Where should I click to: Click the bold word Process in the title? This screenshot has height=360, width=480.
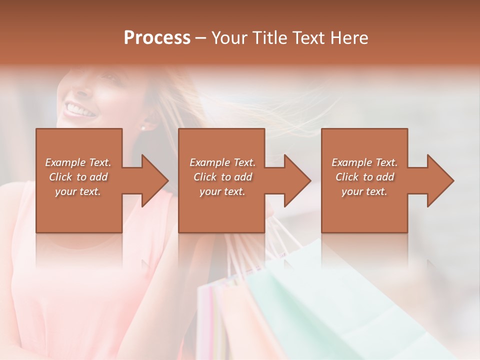pyautogui.click(x=157, y=38)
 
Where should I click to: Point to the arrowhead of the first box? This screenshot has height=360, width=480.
pyautogui.click(x=154, y=180)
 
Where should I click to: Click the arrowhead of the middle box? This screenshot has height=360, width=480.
pyautogui.click(x=296, y=180)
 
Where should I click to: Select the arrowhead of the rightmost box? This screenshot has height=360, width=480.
pyautogui.click(x=439, y=180)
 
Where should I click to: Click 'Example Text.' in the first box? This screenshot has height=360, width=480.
pyautogui.click(x=78, y=162)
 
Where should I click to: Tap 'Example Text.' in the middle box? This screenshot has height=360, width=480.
pyautogui.click(x=222, y=162)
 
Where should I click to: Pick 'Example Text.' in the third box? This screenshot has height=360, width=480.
pyautogui.click(x=364, y=162)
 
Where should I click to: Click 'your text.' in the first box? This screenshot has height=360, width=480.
pyautogui.click(x=78, y=191)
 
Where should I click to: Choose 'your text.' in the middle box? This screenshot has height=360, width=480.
pyautogui.click(x=222, y=191)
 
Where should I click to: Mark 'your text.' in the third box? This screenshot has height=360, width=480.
pyautogui.click(x=364, y=191)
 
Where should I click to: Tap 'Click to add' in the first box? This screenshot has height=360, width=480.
pyautogui.click(x=78, y=177)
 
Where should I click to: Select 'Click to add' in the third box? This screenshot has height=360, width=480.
pyautogui.click(x=364, y=177)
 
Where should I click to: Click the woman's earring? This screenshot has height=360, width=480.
pyautogui.click(x=143, y=128)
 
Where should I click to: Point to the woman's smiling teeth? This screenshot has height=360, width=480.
pyautogui.click(x=80, y=109)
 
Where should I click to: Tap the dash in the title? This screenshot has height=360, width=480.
pyautogui.click(x=201, y=38)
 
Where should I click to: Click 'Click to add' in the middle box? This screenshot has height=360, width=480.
pyautogui.click(x=222, y=177)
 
